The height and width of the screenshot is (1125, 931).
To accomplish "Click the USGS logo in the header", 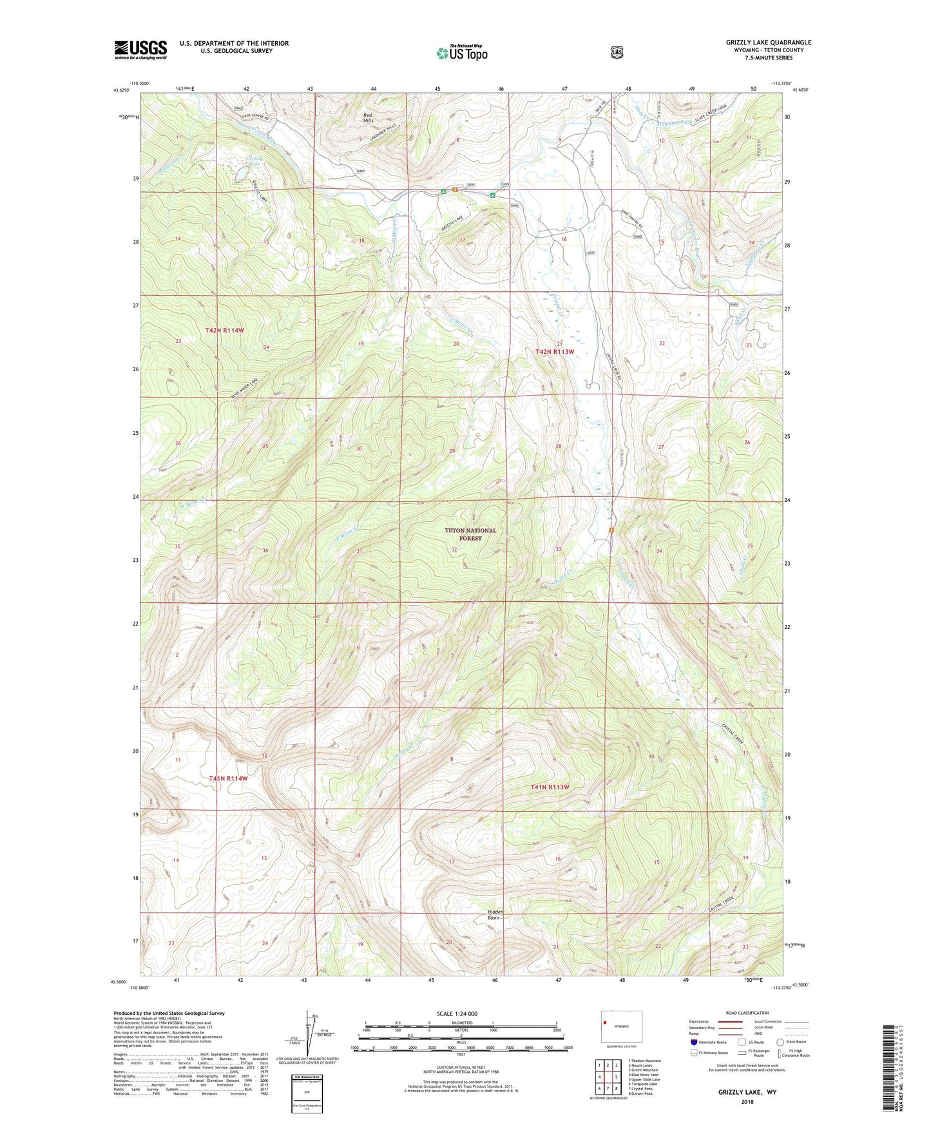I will [140, 50].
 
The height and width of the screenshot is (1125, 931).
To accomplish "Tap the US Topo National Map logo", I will [460, 53].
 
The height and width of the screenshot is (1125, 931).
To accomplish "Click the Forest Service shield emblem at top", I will [617, 52].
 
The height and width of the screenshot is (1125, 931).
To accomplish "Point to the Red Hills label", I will [368, 118].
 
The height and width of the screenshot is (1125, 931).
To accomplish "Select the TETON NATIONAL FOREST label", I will [470, 534].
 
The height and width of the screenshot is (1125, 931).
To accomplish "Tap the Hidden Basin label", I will [495, 914].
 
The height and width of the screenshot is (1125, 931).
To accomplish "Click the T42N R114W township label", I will [225, 330].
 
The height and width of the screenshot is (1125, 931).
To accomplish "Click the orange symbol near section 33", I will [611, 530].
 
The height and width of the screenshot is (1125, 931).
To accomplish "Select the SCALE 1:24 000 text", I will [457, 1014].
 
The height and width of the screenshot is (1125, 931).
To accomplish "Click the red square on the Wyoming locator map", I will [605, 1022].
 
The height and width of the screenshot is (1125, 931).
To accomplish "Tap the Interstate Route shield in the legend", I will [693, 1042].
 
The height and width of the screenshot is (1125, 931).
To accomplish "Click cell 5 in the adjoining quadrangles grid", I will [615, 1077].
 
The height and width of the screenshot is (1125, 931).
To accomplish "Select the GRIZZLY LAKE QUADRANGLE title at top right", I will [768, 43].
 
